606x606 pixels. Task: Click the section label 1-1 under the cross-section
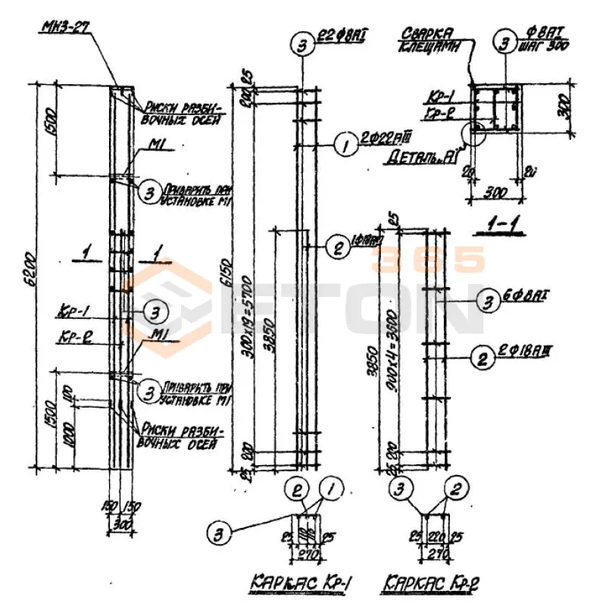click(488, 225)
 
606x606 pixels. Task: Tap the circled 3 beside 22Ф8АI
click(302, 46)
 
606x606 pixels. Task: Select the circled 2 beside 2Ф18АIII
click(479, 355)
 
